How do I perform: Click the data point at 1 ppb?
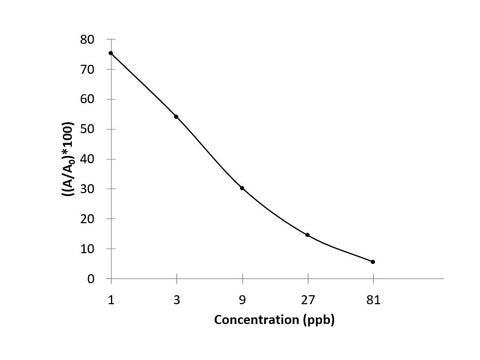click(x=111, y=53)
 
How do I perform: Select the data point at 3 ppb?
click(x=176, y=117)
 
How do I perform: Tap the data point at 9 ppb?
click(x=242, y=188)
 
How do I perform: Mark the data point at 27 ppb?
click(x=307, y=235)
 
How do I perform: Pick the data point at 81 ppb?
click(x=373, y=262)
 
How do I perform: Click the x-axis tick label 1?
click(x=111, y=297)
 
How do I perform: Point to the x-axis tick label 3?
click(x=176, y=297)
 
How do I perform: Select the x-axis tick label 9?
click(x=242, y=297)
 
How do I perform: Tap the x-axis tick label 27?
click(x=307, y=297)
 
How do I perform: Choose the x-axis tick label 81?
click(x=373, y=297)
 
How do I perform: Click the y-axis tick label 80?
click(x=88, y=40)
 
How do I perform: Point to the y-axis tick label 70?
click(x=88, y=70)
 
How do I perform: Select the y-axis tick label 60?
click(x=88, y=99)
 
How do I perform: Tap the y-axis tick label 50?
click(x=88, y=129)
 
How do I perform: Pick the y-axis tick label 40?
click(x=88, y=159)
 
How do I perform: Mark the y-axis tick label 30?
click(x=88, y=189)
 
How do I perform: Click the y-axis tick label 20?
click(x=88, y=219)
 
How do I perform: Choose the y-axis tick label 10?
click(x=88, y=248)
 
